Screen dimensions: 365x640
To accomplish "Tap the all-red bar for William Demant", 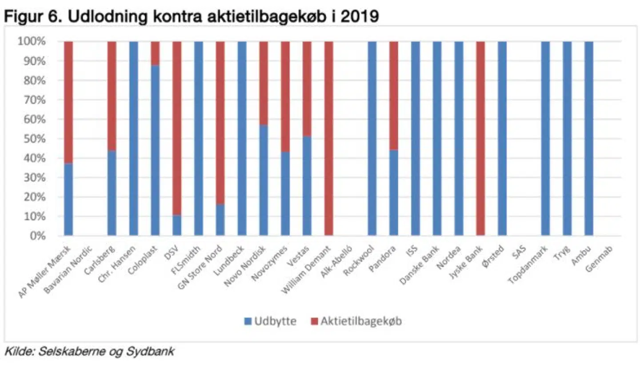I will click(x=328, y=138).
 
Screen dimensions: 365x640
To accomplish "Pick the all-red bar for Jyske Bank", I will click(x=480, y=138).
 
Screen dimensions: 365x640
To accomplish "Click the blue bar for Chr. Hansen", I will click(x=133, y=138).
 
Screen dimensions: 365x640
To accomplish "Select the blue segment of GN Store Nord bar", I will click(x=220, y=220).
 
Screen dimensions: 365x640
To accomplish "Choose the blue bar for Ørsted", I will click(x=502, y=138).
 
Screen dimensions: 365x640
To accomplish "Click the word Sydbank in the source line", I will click(x=153, y=352).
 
